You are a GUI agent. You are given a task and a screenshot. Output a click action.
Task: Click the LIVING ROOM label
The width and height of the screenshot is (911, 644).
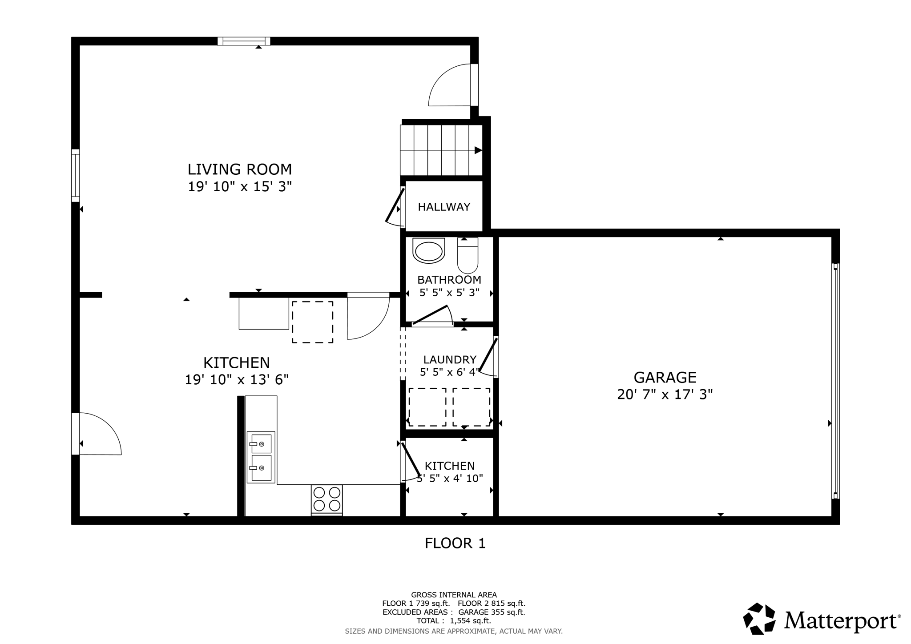point(239,169)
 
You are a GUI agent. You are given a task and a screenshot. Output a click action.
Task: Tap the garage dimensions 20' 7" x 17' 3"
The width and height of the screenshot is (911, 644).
point(665,394)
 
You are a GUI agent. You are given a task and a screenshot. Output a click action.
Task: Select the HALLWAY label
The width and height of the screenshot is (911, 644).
point(444,207)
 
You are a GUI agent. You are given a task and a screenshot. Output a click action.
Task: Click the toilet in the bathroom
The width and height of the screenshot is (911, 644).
point(468,256)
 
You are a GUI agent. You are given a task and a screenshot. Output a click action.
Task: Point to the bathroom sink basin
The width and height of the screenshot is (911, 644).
point(429,251)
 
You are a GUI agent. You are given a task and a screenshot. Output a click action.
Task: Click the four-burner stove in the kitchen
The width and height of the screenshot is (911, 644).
point(327,499)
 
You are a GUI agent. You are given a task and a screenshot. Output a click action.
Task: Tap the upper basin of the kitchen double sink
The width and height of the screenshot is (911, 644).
point(261,443)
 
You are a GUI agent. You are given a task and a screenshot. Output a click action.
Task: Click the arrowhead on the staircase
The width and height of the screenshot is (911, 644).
point(478,150)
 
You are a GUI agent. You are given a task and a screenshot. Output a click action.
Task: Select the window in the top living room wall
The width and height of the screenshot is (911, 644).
point(244,41)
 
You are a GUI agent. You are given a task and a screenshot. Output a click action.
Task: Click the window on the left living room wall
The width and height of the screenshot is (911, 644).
point(76,175)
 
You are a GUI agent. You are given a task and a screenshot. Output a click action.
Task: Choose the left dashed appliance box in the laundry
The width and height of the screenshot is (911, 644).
point(427,407)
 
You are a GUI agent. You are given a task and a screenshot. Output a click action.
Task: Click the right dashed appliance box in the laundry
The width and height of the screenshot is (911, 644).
point(471,407)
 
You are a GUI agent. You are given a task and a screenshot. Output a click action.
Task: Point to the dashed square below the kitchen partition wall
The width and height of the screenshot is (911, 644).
point(312,322)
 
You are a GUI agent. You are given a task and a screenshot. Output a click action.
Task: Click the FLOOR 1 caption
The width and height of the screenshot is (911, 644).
point(455,543)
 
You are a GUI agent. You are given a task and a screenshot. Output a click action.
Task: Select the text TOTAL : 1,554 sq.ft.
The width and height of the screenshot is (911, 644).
point(454,621)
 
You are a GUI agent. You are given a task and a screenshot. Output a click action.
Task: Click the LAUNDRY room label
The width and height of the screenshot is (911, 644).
point(450,359)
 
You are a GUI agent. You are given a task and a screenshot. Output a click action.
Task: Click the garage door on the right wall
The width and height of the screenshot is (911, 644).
point(835,381)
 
